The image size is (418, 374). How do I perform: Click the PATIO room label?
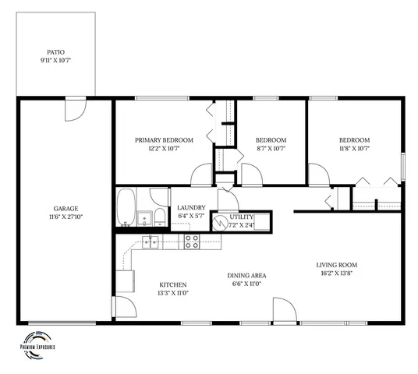click(55, 52)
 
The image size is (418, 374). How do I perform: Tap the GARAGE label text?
click(66, 208)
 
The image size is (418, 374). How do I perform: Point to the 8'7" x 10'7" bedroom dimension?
click(271, 148)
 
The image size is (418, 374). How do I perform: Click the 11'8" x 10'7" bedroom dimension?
click(352, 148)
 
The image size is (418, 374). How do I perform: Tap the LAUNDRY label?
click(190, 206)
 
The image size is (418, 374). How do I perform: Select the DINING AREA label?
click(249, 275)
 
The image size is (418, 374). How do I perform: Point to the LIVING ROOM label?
click(336, 265)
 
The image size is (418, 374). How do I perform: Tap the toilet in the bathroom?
click(158, 217)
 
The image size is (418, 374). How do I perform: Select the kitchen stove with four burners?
click(192, 240)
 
